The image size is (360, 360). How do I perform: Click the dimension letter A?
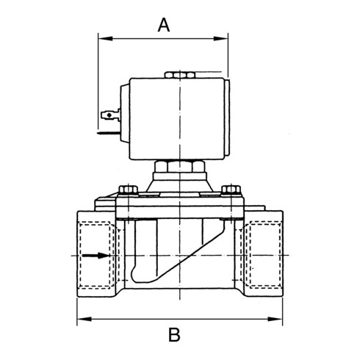(x=164, y=25)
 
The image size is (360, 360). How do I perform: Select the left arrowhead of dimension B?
(x=82, y=319)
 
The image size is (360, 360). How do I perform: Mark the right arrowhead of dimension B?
(x=278, y=319)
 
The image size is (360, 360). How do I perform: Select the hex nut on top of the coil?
(x=180, y=74)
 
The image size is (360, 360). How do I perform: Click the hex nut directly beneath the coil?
(x=180, y=168)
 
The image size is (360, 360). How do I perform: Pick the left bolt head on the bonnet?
(x=128, y=191)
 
